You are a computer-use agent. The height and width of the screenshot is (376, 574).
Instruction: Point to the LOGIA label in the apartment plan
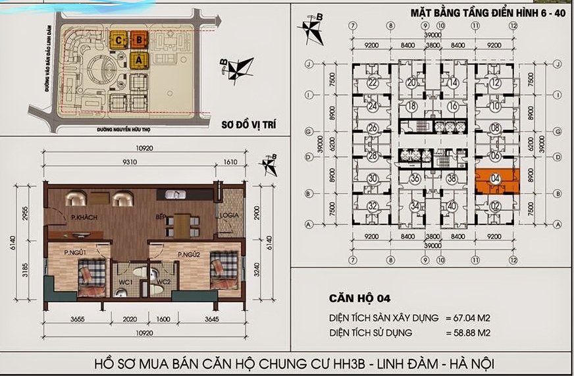coord(230,215)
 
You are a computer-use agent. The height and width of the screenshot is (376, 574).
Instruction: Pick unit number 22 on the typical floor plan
coord(373,83)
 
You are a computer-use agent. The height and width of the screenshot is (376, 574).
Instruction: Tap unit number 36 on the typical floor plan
coord(415,178)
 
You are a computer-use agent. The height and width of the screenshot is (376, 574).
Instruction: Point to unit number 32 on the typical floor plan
coord(373,207)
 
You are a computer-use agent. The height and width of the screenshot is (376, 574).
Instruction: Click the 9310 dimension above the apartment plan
coord(128,160)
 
